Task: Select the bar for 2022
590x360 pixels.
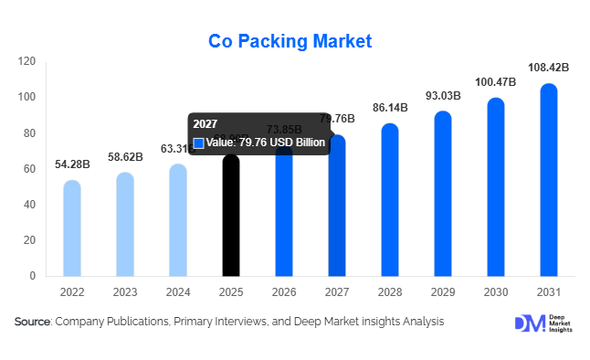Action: coord(71,228)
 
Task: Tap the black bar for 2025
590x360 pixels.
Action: coord(231,219)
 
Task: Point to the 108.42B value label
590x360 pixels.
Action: coord(549,68)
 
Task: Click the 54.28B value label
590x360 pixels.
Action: coord(71,164)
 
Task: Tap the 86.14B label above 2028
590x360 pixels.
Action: coord(390,108)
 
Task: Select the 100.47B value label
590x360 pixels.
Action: coord(496,82)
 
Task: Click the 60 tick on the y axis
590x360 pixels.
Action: coord(29,169)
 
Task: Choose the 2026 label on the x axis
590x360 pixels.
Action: coord(284,291)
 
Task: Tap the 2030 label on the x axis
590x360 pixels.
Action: coord(496,291)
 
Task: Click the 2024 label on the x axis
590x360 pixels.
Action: coord(177,291)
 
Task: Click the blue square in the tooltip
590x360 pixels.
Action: coord(198,143)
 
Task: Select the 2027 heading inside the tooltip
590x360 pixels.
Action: coord(205,125)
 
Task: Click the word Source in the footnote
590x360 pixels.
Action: coord(33,322)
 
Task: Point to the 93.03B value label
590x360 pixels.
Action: coord(443,96)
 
